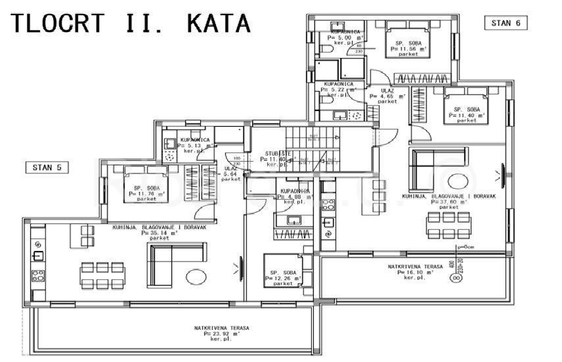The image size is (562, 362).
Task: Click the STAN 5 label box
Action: (x=46, y=168)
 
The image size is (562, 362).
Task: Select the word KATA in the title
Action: (x=219, y=23)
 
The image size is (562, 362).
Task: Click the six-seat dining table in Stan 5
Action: (x=98, y=275)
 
